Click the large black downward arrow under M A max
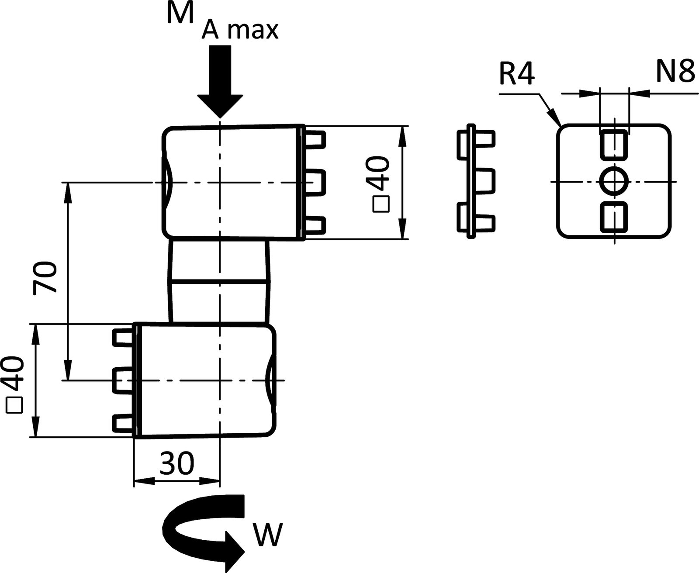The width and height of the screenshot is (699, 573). pyautogui.click(x=220, y=83)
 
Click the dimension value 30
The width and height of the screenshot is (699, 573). pyautogui.click(x=176, y=464)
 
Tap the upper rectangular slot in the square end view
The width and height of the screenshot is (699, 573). pyautogui.click(x=614, y=144)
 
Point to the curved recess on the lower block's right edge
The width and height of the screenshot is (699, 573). pyautogui.click(x=270, y=380)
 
